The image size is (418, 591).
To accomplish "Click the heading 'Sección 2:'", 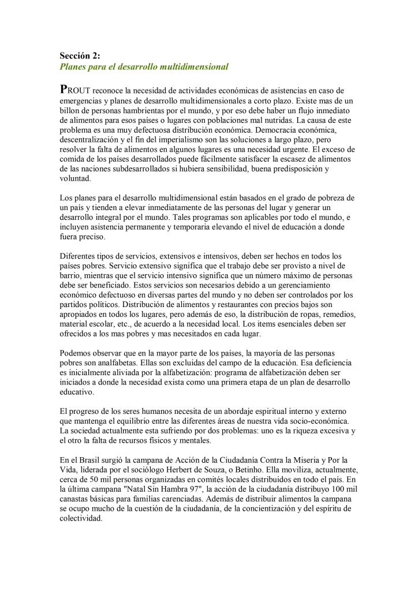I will point(80,56).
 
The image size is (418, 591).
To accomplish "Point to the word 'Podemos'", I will point(75,353).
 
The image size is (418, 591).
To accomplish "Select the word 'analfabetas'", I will point(113,362).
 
